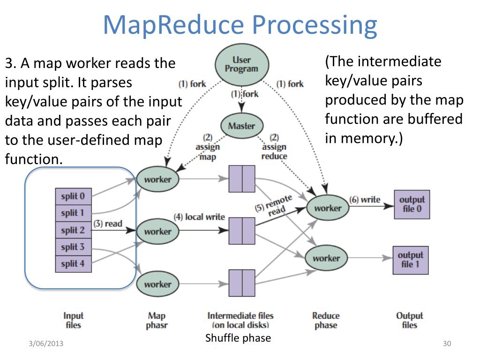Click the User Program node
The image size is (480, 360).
click(x=242, y=65)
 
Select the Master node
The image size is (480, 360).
click(x=242, y=126)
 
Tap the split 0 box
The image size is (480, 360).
click(x=74, y=196)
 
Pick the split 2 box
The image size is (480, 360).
click(x=74, y=230)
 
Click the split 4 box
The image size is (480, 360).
click(x=74, y=263)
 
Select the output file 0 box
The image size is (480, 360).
click(x=412, y=204)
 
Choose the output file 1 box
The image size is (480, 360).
click(x=411, y=260)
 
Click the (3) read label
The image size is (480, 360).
click(x=108, y=224)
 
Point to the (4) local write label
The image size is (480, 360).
click(x=199, y=217)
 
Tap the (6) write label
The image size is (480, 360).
click(x=365, y=200)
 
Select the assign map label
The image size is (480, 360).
click(x=208, y=152)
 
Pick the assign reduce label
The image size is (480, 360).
click(x=274, y=151)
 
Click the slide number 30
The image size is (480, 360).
click(x=447, y=344)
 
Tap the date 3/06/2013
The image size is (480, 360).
click(x=46, y=344)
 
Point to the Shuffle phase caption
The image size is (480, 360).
click(x=238, y=338)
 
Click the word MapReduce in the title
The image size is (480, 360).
click(x=173, y=25)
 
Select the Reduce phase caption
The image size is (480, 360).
click(x=326, y=320)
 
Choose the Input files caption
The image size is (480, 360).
click(x=74, y=320)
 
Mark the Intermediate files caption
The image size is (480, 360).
click(x=240, y=320)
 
